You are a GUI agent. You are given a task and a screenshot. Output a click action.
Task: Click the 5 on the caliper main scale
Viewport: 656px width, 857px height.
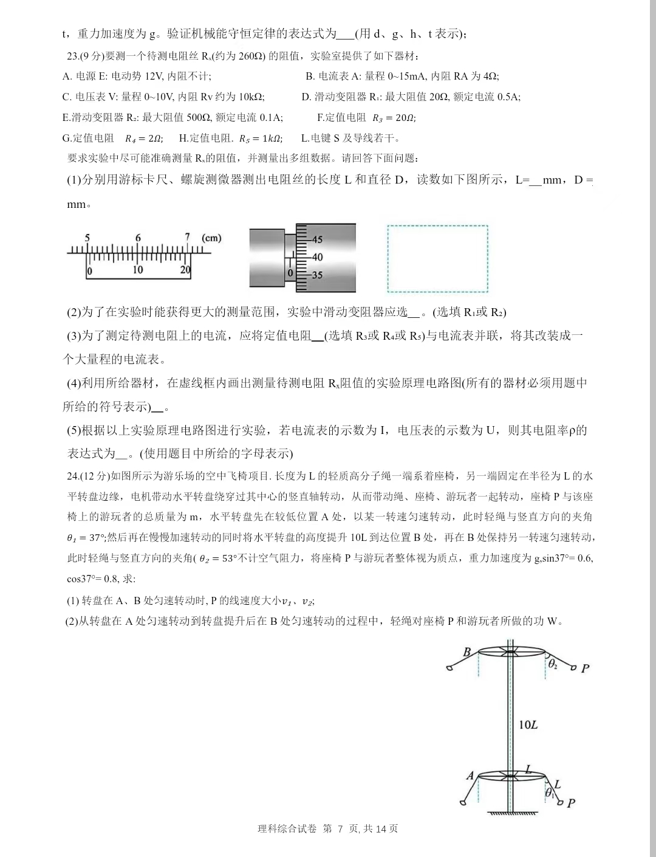coord(87,238)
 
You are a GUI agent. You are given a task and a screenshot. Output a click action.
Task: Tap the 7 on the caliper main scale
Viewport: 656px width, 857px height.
coord(188,238)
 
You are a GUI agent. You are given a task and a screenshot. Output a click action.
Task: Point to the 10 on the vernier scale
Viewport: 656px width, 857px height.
coord(137,270)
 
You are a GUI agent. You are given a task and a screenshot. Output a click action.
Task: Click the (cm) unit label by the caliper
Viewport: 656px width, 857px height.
coord(211,238)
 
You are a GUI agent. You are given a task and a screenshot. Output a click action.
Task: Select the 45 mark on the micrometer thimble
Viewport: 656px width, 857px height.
coord(317,239)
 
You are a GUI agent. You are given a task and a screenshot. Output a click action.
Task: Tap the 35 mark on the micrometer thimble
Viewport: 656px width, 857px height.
coord(317,275)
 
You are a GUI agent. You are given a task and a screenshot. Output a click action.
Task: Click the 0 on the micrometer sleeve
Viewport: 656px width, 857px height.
coord(290,273)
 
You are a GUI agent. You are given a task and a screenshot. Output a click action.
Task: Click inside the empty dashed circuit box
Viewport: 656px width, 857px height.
coord(437,258)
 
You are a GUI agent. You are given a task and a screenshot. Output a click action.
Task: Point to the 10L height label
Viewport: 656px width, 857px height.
coord(528,724)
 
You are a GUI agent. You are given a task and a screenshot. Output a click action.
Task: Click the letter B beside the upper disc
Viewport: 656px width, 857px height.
coord(467,652)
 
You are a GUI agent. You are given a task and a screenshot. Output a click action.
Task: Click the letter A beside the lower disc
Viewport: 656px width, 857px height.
coord(470,776)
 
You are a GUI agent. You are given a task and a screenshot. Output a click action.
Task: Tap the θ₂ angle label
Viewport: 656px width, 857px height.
coord(553,664)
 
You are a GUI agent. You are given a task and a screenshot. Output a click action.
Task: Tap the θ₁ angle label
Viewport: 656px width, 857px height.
coord(549,793)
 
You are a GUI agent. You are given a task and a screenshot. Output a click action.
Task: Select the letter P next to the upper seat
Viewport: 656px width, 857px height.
coord(585,669)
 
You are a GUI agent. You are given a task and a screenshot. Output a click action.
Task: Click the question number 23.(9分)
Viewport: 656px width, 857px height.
coord(85,56)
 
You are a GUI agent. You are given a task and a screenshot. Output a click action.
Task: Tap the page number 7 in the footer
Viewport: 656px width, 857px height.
coord(340,828)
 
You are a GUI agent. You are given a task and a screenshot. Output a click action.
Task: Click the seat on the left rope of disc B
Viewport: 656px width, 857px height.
coord(450,667)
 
